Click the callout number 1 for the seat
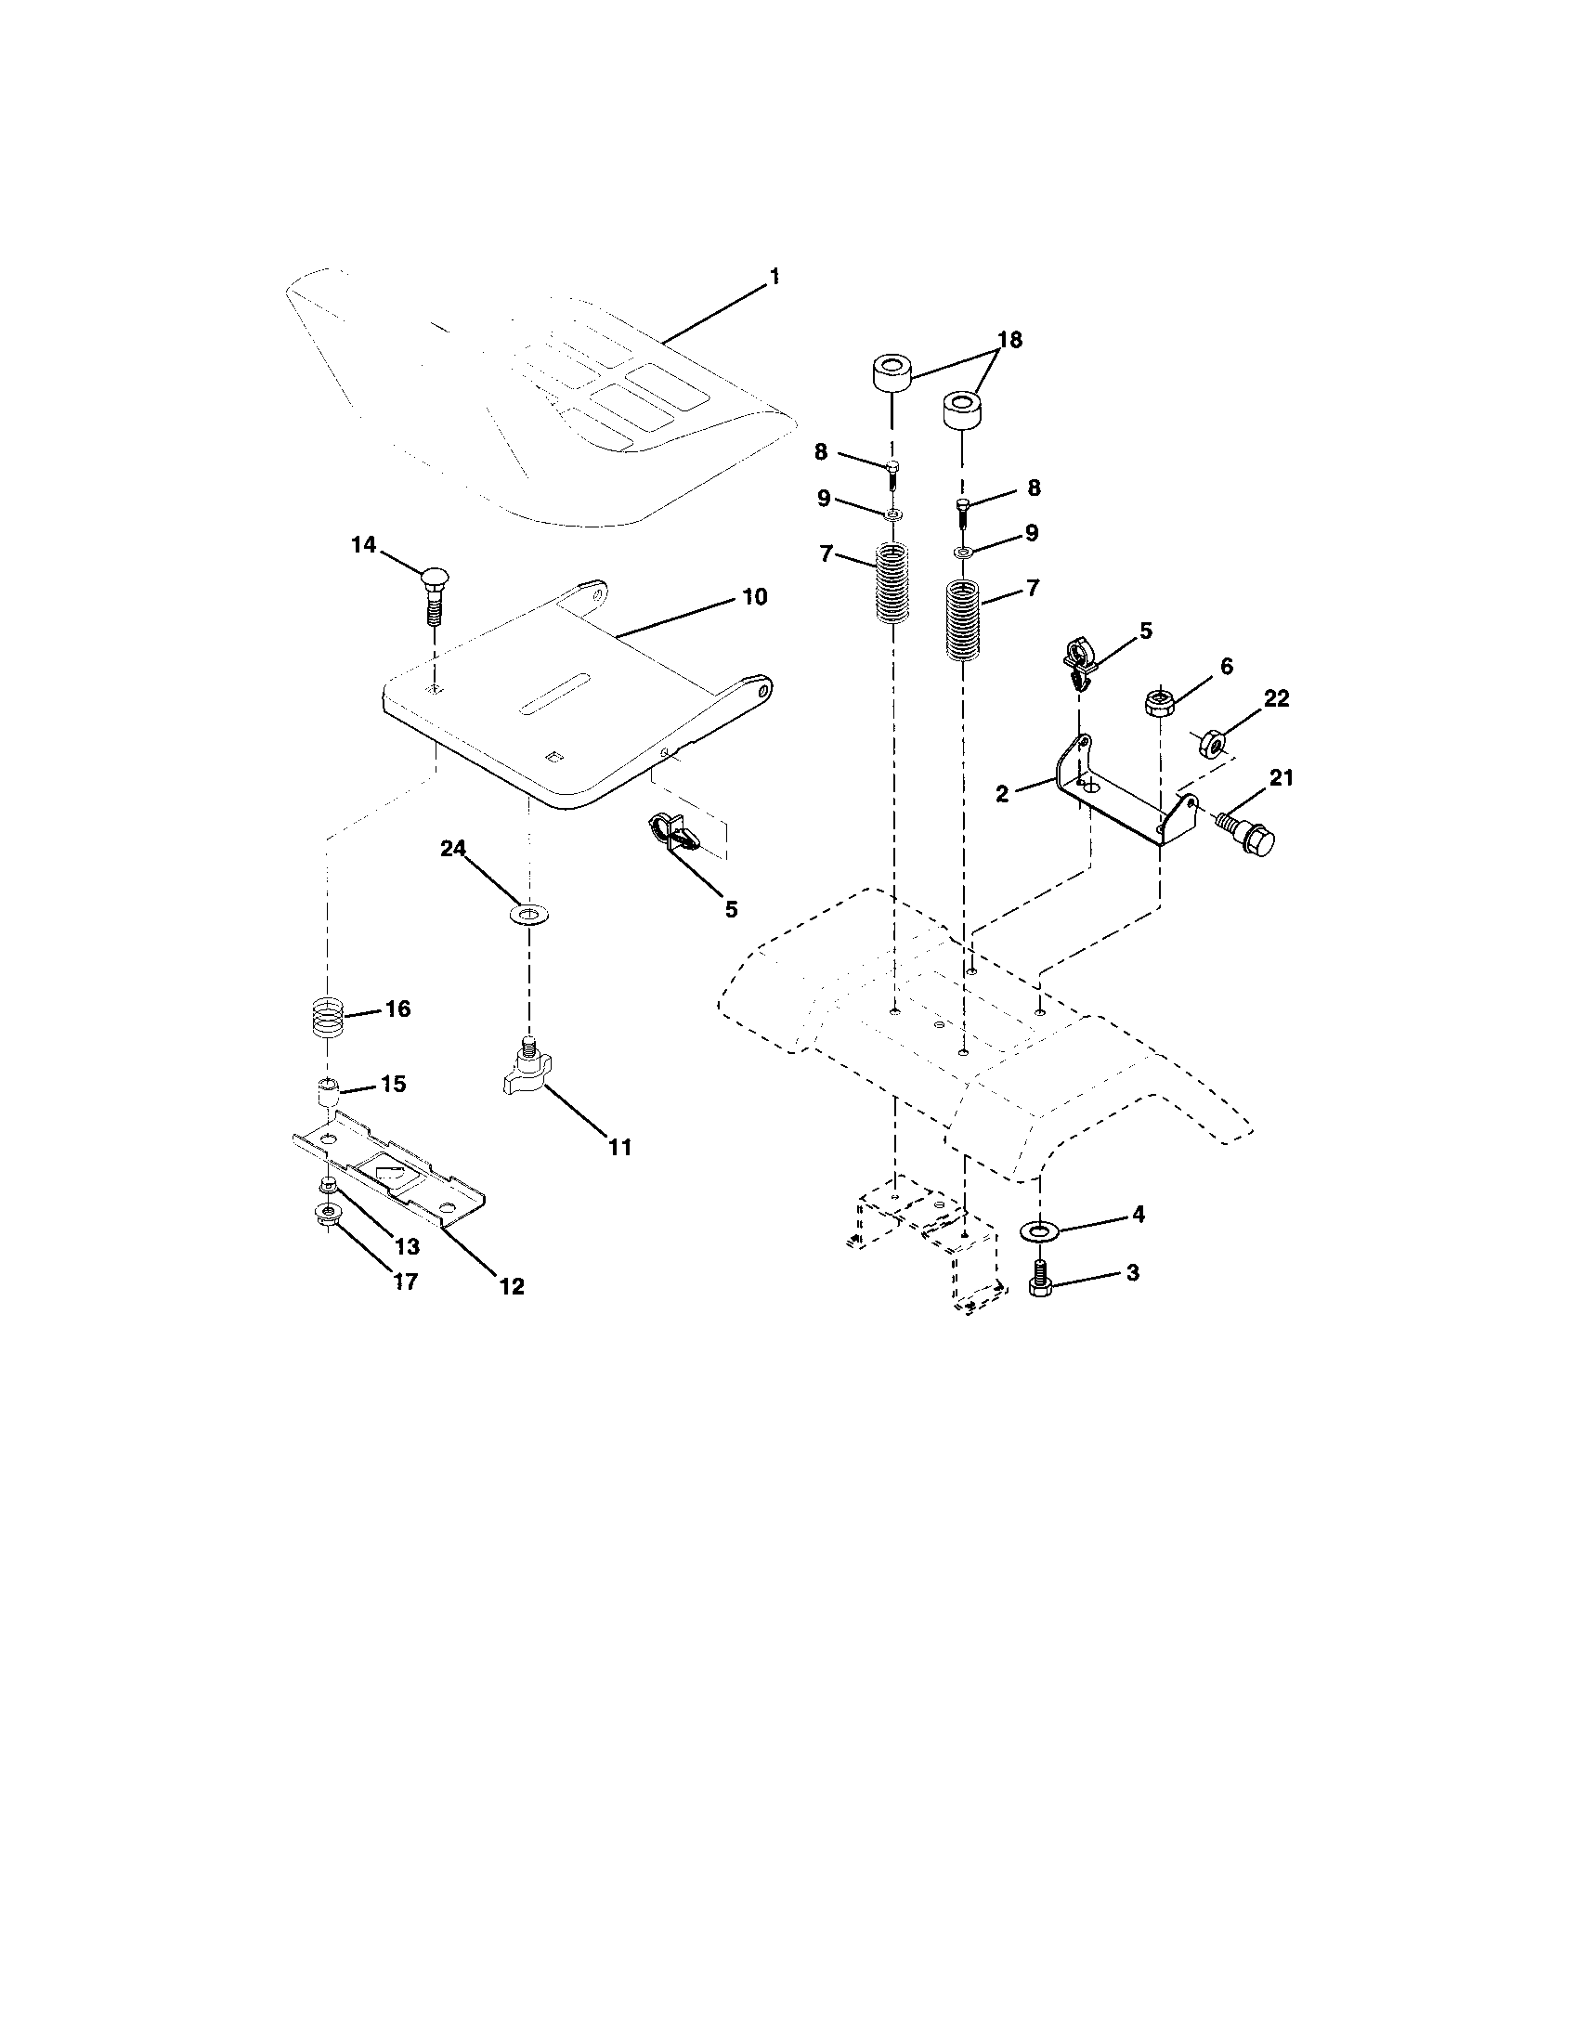(774, 277)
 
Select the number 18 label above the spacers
(1009, 340)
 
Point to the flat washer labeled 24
(529, 913)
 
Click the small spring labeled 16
(327, 1016)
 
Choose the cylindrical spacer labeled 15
(327, 1092)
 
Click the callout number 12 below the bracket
(512, 1286)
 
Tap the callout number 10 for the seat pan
(754, 597)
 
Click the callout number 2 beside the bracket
(1003, 794)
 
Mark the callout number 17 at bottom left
(404, 1282)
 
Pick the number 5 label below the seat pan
(732, 908)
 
